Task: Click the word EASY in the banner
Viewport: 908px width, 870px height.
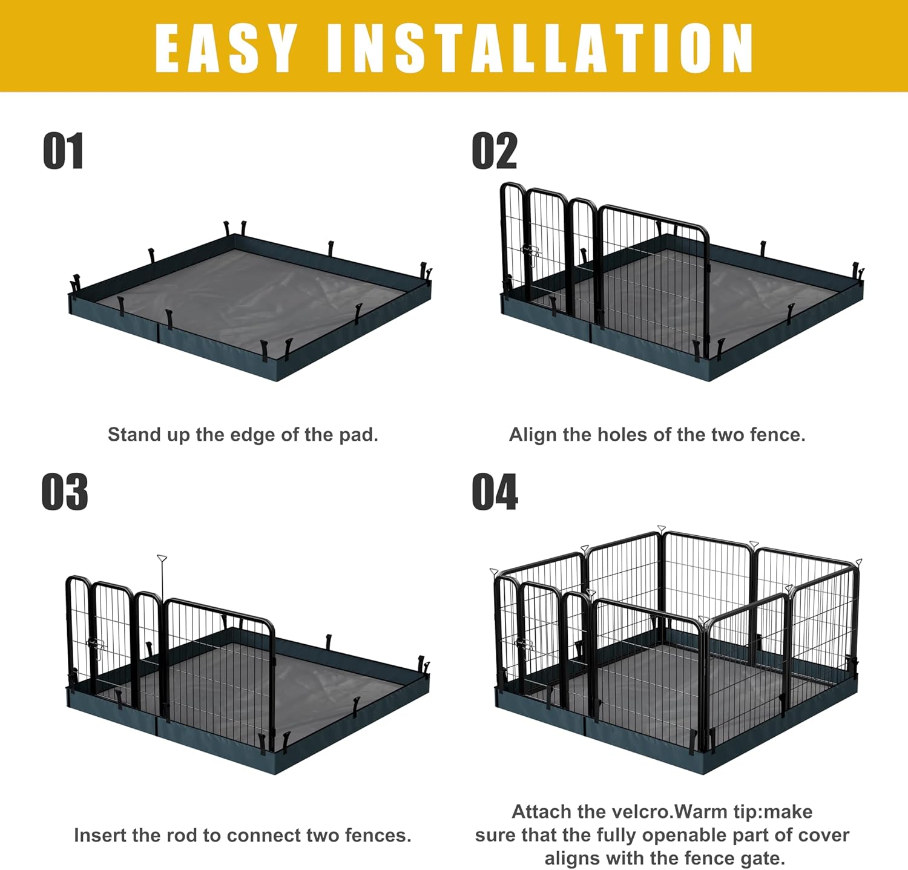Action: [225, 48]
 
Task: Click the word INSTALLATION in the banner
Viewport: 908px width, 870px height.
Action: [539, 48]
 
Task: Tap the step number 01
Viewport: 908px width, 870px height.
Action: [63, 151]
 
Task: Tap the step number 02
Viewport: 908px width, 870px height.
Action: [494, 151]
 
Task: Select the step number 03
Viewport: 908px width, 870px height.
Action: [64, 492]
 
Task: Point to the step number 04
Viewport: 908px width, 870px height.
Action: [495, 492]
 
